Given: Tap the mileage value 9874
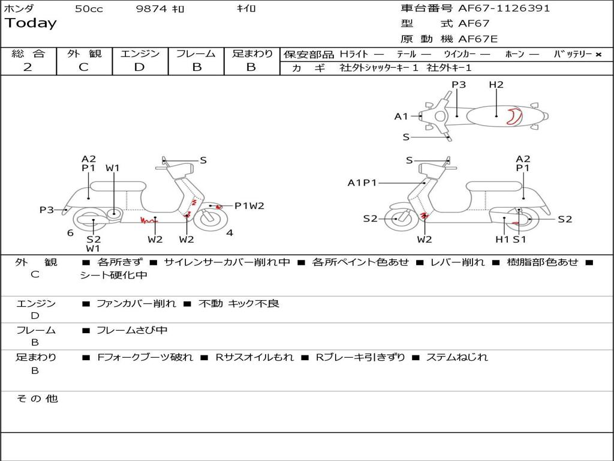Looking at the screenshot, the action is (x=151, y=9).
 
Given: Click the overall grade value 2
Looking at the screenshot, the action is (x=28, y=67).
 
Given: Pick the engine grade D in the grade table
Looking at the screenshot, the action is (x=139, y=67).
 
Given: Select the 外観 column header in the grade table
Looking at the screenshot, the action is (x=84, y=54).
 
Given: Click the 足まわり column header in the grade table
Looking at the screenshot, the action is (x=252, y=54).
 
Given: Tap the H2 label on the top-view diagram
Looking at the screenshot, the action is (x=496, y=85).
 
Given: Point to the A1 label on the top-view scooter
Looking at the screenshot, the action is (x=401, y=116).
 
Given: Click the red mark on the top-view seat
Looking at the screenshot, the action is (x=513, y=116).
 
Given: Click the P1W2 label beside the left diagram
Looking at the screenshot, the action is (x=249, y=206).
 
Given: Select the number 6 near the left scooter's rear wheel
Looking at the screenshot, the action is (x=70, y=233).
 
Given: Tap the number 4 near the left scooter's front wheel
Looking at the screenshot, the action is (x=230, y=233).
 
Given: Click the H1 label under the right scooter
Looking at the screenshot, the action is (x=502, y=240).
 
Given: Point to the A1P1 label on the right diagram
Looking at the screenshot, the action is (x=362, y=182).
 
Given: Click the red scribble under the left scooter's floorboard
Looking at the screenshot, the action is (x=148, y=220).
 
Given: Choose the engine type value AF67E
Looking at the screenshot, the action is (x=478, y=39).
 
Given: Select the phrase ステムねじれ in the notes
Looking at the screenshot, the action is (x=457, y=357).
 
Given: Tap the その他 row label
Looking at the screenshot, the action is (x=37, y=399).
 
